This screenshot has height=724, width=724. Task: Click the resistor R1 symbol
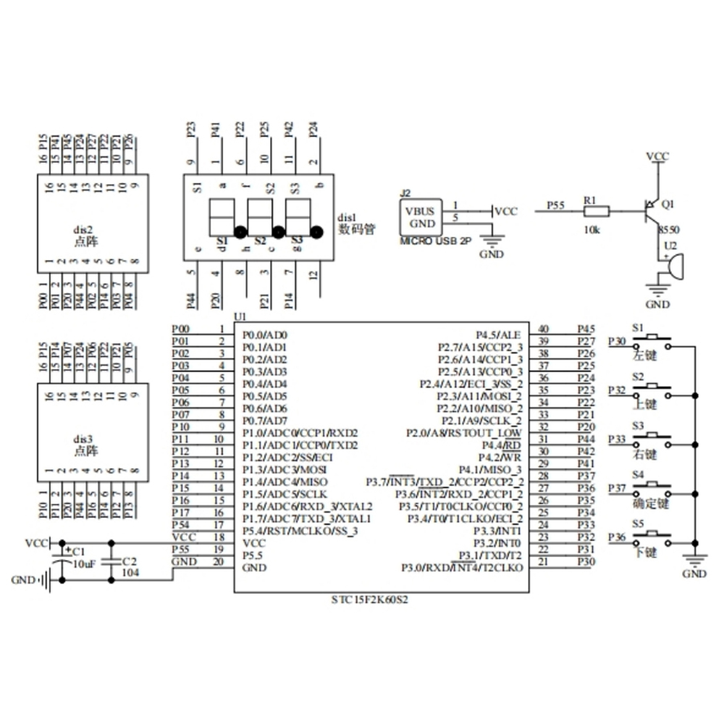[597, 211]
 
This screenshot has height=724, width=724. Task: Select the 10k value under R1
[592, 230]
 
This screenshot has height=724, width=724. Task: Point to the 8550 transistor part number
[668, 230]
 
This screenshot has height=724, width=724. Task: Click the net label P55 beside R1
[555, 206]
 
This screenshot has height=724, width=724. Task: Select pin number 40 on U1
[544, 329]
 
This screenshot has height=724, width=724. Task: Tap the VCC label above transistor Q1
[657, 156]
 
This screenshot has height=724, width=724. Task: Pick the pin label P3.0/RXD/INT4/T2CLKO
[462, 568]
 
